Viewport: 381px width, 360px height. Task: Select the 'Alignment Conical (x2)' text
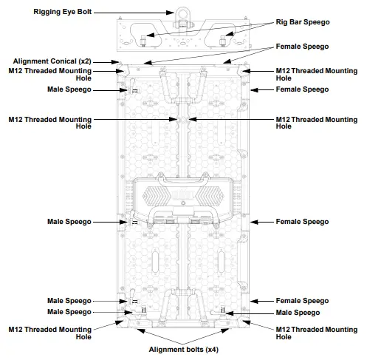click(52, 61)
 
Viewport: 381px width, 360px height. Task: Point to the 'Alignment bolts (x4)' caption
click(183, 349)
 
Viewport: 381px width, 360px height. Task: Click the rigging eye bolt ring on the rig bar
click(182, 13)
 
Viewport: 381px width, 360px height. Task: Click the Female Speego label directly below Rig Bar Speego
click(301, 46)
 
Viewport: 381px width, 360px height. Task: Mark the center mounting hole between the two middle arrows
click(182, 118)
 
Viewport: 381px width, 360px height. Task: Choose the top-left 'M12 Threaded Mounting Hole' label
click(49, 75)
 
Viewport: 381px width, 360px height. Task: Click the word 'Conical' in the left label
click(62, 61)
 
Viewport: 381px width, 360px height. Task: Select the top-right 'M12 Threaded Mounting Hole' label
click(316, 75)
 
